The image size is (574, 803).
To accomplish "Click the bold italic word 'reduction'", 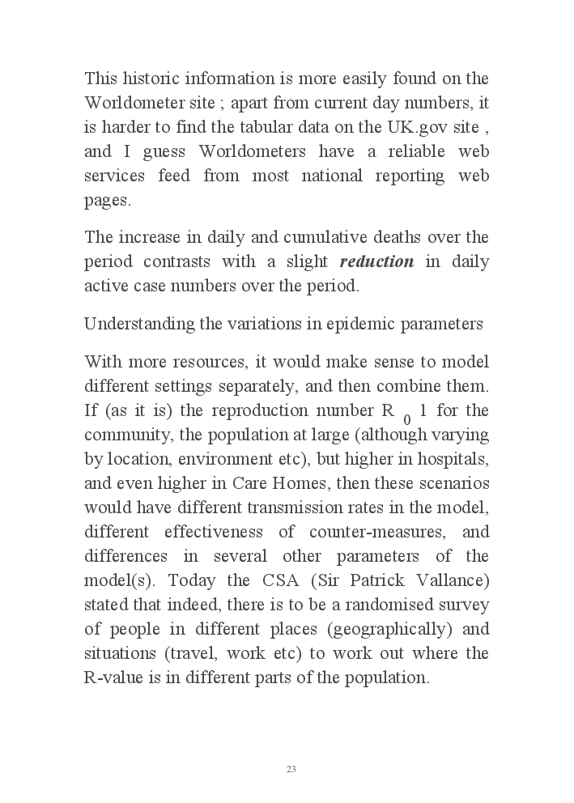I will click(x=376, y=261).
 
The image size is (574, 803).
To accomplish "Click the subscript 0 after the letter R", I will click(x=407, y=419).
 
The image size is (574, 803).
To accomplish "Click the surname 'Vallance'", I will click(x=453, y=580).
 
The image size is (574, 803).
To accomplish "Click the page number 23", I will click(x=291, y=769).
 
